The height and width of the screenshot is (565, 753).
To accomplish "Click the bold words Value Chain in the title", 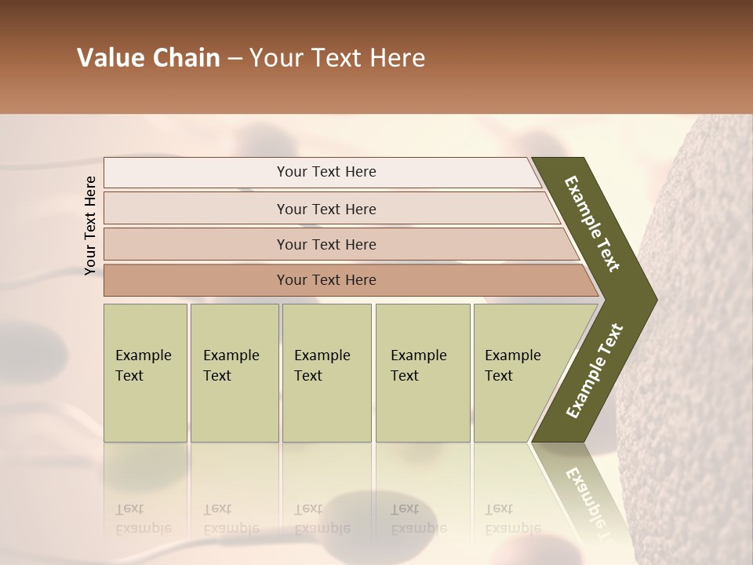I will coord(148,58).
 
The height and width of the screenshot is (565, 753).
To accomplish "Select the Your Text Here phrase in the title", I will coord(337,58).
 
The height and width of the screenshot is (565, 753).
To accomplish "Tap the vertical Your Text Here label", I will coord(90,225).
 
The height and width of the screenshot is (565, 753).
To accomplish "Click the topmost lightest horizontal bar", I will coord(326,172).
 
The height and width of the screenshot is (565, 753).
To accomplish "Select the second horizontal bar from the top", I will coord(326,209).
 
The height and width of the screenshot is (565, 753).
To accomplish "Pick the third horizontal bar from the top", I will coord(326,244).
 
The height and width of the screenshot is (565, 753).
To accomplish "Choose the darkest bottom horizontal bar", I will coord(326,280).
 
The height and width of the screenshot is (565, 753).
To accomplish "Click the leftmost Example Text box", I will coord(144,373).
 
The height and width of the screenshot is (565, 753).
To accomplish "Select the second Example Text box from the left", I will coord(234,373).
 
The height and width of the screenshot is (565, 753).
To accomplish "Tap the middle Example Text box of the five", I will coord(326,373).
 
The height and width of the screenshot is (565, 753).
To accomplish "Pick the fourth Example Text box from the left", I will coord(422,373).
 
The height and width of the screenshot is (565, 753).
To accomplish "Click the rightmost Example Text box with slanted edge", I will coord(518,373).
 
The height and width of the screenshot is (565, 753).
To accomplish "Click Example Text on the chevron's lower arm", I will coord(594,371).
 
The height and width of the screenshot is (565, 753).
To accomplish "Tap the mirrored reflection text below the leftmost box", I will coord(143,519).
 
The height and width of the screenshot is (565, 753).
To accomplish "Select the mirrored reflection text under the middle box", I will coord(322,519).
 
